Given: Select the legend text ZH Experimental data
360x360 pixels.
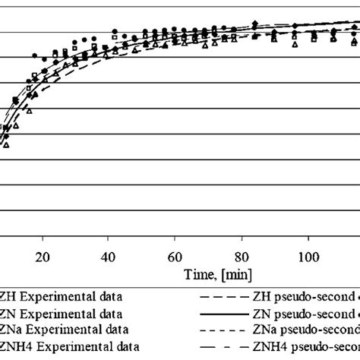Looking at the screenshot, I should [x=64, y=296].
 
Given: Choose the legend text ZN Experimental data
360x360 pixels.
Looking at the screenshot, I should [x=64, y=313].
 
